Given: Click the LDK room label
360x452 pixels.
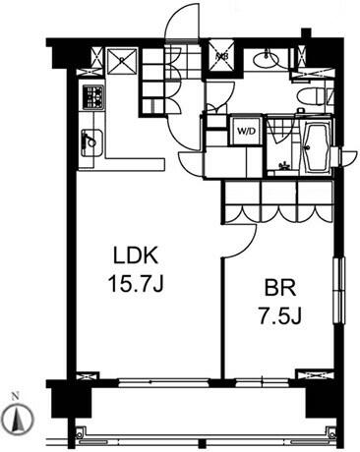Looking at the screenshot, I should click(136, 256).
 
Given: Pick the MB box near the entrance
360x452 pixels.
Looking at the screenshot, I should click(222, 57).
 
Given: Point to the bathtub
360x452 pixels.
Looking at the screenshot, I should click(314, 146).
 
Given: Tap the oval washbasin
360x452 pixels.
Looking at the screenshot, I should click(264, 61).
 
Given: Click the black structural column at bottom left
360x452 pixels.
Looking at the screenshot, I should click(60, 397).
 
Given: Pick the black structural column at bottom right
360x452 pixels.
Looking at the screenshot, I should click(317, 395).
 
